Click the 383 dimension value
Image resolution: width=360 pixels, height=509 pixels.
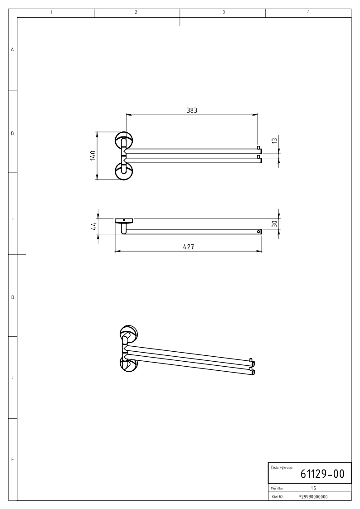pos(192,111)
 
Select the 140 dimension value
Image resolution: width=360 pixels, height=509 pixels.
pos(93,155)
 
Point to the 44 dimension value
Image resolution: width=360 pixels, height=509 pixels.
pos(93,226)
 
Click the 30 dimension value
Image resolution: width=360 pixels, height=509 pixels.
pos(275,223)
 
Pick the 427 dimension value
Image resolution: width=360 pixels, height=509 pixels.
pos(188,247)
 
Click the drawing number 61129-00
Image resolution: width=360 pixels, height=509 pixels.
pos(322,474)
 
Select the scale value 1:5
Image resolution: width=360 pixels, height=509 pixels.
pos(313,488)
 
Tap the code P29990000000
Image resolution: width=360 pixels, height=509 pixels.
pos(313,497)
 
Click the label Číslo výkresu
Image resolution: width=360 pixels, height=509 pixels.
pos(282,467)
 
